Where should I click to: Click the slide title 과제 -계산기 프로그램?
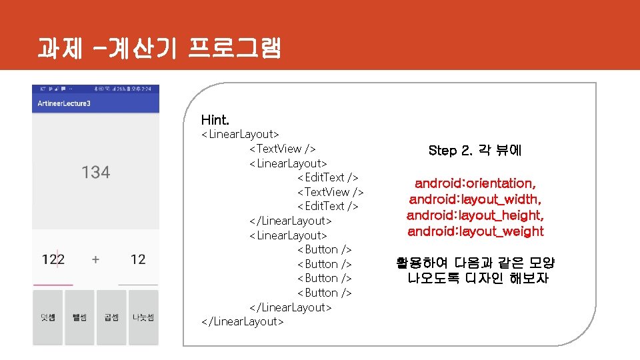click(x=159, y=47)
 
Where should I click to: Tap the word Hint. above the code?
click(x=215, y=120)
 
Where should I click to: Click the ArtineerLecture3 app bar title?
click(x=64, y=103)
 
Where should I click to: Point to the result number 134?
click(x=95, y=173)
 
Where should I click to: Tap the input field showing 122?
click(x=53, y=259)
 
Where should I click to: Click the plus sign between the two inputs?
click(x=95, y=259)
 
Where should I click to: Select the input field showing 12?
click(x=138, y=259)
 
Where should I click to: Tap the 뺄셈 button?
click(x=79, y=317)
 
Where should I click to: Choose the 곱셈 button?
click(x=111, y=317)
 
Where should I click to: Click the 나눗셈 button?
click(x=143, y=317)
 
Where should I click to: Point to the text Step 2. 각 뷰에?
click(x=475, y=151)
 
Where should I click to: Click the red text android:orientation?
click(x=475, y=183)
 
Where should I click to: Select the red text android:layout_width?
click(x=475, y=199)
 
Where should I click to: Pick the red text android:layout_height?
click(x=475, y=215)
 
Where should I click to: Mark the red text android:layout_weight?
click(x=475, y=231)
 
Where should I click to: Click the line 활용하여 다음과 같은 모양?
click(x=475, y=263)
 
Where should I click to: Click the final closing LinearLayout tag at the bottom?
click(x=242, y=322)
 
